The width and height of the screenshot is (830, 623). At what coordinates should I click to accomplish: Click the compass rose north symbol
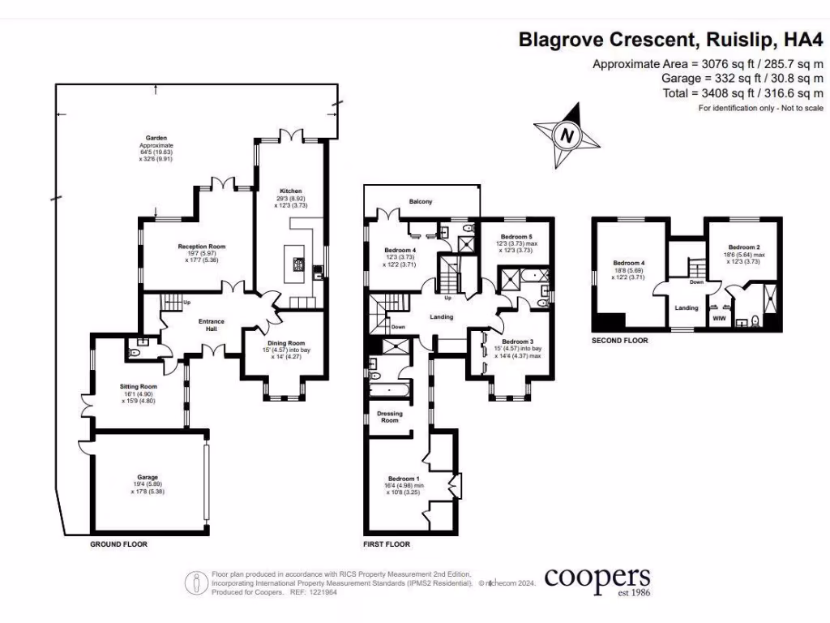[568, 135]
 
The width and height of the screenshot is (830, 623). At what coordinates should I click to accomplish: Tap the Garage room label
[148, 477]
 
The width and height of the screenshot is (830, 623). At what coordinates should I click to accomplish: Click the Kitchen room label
[291, 191]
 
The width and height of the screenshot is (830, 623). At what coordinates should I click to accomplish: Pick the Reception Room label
[201, 247]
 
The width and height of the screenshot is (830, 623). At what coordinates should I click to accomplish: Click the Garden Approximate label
[156, 138]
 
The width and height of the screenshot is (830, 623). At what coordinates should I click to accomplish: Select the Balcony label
[421, 201]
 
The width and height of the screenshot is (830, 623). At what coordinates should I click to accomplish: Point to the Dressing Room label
[390, 417]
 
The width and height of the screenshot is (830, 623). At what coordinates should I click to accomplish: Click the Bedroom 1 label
[403, 479]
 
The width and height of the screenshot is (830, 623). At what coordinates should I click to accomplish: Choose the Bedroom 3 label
[517, 342]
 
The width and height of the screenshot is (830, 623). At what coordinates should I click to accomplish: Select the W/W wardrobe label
[718, 319]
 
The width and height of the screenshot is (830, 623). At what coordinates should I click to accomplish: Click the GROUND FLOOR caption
[118, 544]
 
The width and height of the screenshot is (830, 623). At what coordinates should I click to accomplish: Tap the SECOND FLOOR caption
[620, 341]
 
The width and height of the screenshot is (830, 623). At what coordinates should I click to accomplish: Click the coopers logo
[597, 579]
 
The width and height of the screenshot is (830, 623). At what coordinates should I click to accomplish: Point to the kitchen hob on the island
[297, 263]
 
